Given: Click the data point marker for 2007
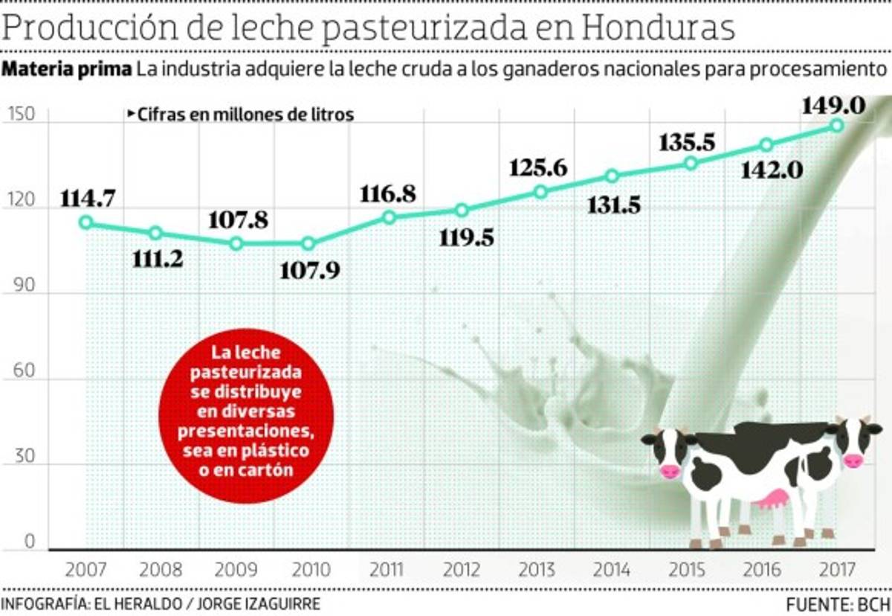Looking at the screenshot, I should (x=86, y=222).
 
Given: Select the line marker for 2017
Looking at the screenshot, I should (x=837, y=125).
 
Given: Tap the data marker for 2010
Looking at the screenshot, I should (x=308, y=243).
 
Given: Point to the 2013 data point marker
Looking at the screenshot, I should (x=540, y=192).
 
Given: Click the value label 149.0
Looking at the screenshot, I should (x=833, y=106).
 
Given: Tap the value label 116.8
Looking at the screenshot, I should (x=388, y=194).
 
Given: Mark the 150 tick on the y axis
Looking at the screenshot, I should (x=22, y=115).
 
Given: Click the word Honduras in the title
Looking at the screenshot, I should (x=659, y=28).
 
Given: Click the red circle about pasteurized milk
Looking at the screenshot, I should (x=246, y=411).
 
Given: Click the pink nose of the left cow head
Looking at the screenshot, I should (x=670, y=471).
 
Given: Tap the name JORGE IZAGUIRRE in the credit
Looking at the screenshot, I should (x=256, y=603).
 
